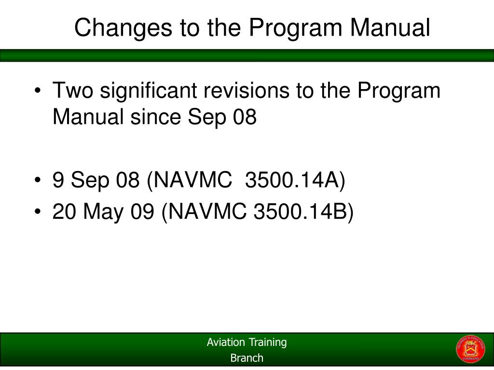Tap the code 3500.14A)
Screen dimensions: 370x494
[295, 181]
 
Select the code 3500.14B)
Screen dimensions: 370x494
[303, 211]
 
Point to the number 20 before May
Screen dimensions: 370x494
[65, 211]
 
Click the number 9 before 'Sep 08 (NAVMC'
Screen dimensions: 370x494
[58, 181]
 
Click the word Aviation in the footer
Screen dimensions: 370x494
[226, 343]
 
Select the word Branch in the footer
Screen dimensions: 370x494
[247, 358]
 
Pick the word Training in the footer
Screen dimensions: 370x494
[267, 343]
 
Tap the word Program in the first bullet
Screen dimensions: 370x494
[399, 91]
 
